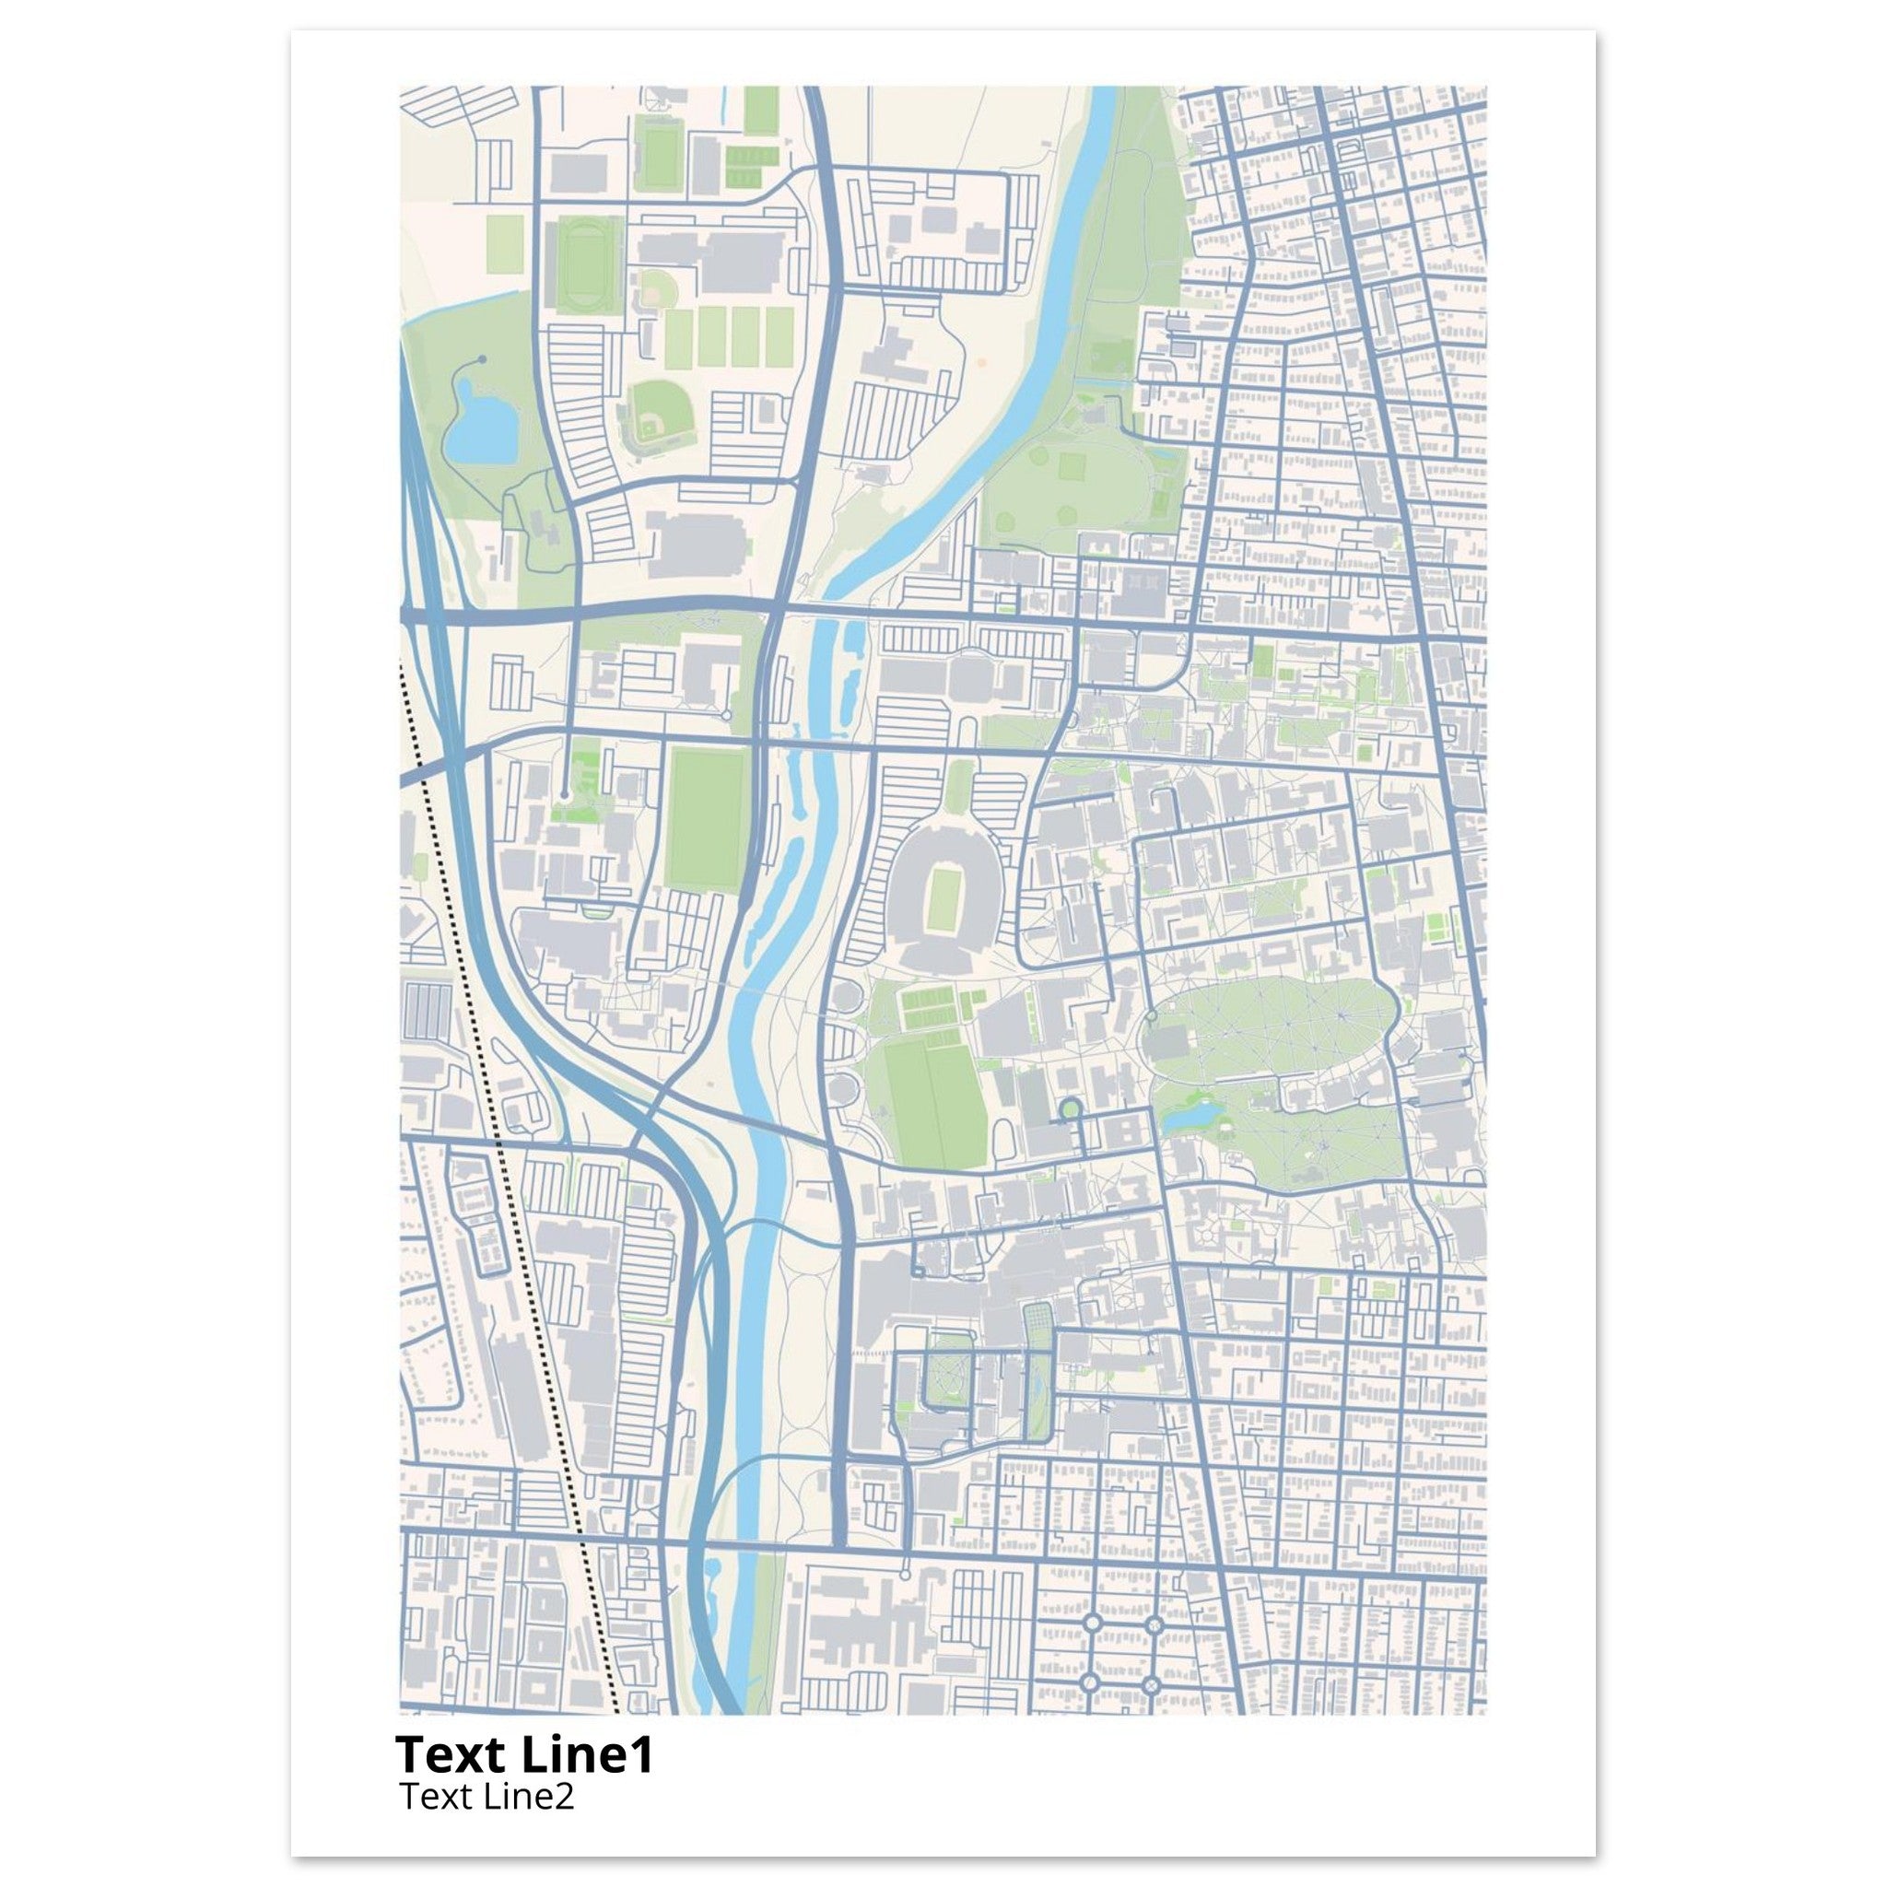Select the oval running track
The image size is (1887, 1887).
pyautogui.click(x=583, y=264)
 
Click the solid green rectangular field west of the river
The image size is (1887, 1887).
pyautogui.click(x=706, y=818)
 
